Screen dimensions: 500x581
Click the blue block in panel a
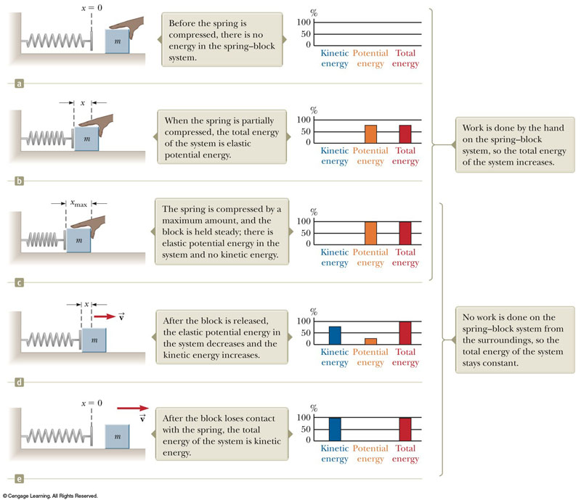coord(118,41)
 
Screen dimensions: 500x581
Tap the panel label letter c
coord(20,282)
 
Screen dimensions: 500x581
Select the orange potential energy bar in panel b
coord(370,134)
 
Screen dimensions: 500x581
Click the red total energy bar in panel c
coord(405,233)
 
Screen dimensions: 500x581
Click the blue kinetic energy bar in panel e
coord(335,429)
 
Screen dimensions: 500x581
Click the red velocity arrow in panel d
coord(105,317)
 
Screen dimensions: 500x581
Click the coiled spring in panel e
coord(54,438)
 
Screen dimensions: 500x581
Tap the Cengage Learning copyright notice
coord(49,496)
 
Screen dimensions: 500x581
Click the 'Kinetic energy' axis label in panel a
coord(335,57)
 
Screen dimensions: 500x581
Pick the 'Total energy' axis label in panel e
coord(405,454)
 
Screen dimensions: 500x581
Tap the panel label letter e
coord(20,478)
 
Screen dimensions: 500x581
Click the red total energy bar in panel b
coord(405,134)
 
